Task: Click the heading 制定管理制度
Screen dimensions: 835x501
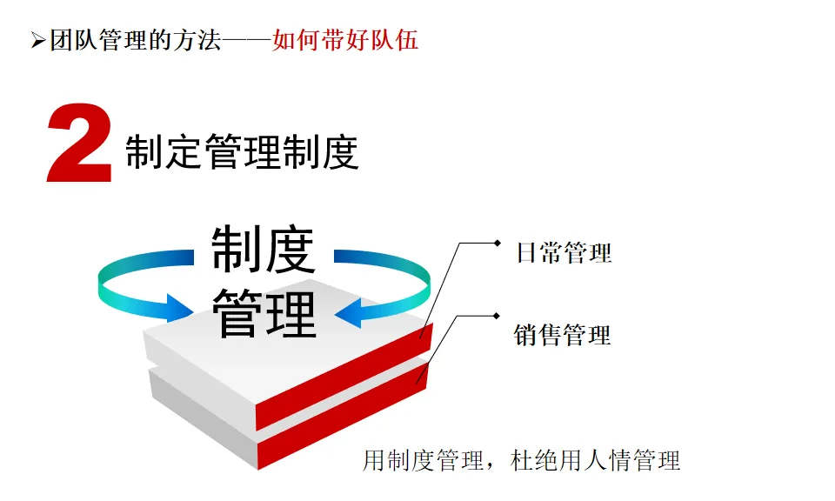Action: (242, 153)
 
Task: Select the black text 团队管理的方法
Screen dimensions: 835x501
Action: (134, 40)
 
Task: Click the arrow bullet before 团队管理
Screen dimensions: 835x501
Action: (37, 41)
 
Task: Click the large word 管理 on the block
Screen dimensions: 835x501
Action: (264, 313)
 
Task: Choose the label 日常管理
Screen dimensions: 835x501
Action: (564, 253)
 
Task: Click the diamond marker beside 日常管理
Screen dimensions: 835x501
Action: (497, 243)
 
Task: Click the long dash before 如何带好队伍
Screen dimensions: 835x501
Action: (246, 41)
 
